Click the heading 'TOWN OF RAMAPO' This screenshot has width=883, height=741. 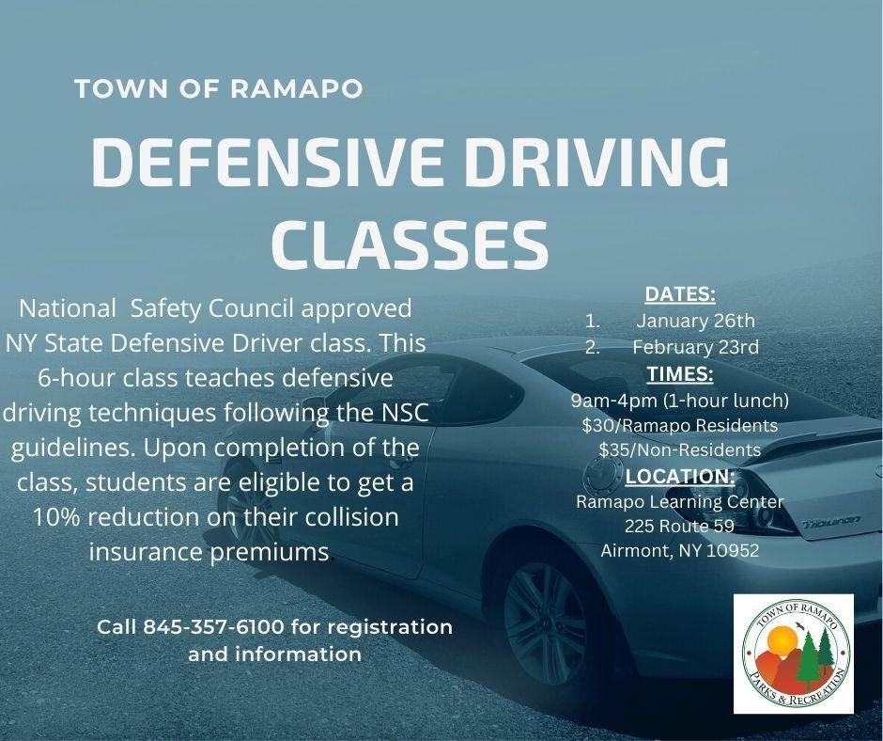pyautogui.click(x=219, y=89)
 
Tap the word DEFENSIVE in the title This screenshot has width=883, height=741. pyautogui.click(x=268, y=162)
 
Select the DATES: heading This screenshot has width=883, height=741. pyautogui.click(x=680, y=293)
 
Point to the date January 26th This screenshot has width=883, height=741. pyautogui.click(x=695, y=321)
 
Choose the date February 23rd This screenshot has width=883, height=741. pyautogui.click(x=695, y=347)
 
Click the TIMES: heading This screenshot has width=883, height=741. pyautogui.click(x=680, y=374)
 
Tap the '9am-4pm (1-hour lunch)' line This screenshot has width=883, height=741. pyautogui.click(x=680, y=401)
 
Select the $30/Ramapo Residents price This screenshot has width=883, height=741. pyautogui.click(x=680, y=425)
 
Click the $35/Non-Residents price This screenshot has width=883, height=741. pyautogui.click(x=680, y=450)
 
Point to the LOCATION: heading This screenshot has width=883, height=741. pyautogui.click(x=680, y=477)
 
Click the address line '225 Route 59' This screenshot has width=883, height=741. pyautogui.click(x=680, y=527)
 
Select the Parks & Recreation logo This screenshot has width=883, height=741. pyautogui.click(x=794, y=653)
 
